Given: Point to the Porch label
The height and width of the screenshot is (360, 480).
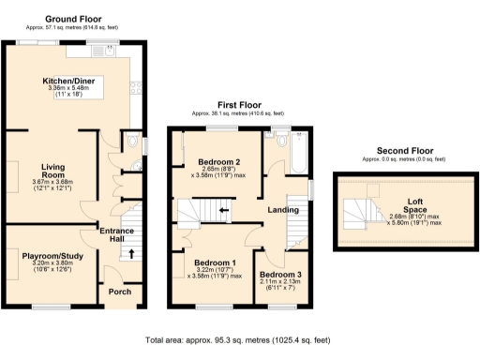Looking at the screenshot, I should [119, 291].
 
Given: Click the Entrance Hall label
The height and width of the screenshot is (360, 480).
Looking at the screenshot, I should [118, 238].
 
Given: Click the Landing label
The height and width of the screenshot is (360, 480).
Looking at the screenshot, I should [281, 210].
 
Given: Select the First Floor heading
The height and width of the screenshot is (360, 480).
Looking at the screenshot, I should [238, 105].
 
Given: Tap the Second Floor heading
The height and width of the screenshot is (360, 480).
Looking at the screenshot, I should [404, 150].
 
